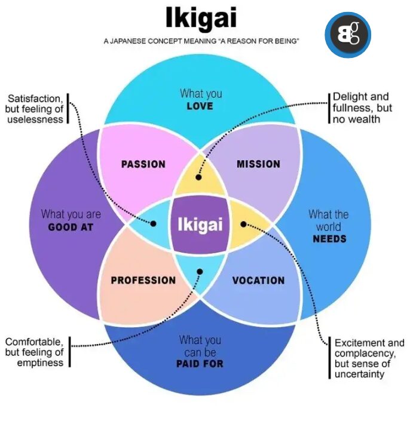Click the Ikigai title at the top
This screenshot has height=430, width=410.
click(201, 19)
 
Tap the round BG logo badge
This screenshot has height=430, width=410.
click(348, 35)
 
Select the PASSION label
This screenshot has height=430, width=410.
click(143, 164)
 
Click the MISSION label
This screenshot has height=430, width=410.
click(258, 164)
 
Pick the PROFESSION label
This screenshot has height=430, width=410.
click(143, 280)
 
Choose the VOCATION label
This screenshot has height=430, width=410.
click(258, 280)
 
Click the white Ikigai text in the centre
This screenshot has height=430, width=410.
click(200, 225)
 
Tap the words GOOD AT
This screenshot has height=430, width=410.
click(71, 227)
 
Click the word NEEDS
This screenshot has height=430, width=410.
click(329, 239)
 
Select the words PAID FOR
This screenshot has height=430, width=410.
click(200, 363)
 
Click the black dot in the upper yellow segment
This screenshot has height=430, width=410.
click(199, 177)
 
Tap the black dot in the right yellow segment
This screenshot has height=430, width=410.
click(243, 224)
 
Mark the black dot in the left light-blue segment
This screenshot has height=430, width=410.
click(154, 224)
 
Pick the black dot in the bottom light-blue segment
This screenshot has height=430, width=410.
click(200, 271)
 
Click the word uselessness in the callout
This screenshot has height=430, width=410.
click(35, 119)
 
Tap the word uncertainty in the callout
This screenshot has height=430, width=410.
click(360, 374)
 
